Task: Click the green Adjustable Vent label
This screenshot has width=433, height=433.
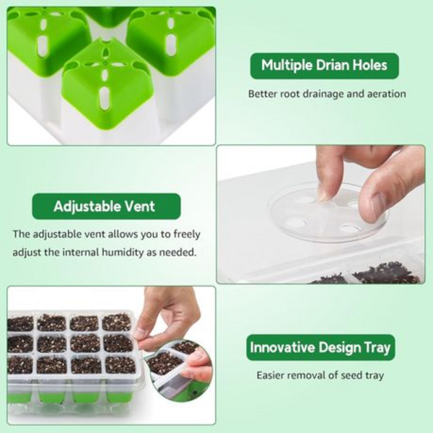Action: click(x=106, y=206)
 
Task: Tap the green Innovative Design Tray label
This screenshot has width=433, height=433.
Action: click(x=320, y=347)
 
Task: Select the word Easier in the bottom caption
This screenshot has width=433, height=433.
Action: click(x=271, y=375)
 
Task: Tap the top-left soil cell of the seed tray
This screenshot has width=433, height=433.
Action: click(x=20, y=323)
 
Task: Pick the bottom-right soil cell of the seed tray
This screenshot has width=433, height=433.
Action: click(x=121, y=364)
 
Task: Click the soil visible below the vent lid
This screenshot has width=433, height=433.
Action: click(x=367, y=274)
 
